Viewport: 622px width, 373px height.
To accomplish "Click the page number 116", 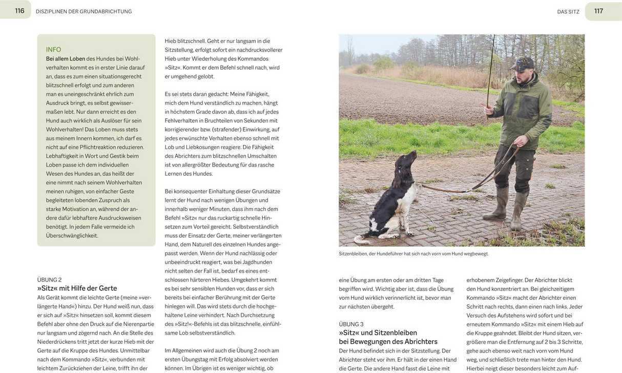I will click(x=19, y=10).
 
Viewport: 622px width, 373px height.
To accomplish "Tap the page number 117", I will click(x=598, y=11).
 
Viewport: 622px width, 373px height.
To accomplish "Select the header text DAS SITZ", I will click(x=568, y=11).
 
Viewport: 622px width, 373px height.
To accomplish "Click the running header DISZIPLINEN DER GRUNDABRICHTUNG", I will click(x=84, y=11).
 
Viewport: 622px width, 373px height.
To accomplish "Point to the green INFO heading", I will click(x=53, y=50).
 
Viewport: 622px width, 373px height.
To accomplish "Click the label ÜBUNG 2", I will click(x=49, y=280).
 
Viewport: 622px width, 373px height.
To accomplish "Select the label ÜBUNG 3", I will click(x=351, y=324).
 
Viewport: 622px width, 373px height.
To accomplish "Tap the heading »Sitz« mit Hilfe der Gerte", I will click(x=77, y=288).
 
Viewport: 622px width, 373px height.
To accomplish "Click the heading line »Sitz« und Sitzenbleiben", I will click(x=378, y=333).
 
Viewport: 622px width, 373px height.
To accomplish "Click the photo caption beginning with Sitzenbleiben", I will click(x=413, y=254).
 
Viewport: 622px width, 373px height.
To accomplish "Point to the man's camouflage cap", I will click(x=522, y=63).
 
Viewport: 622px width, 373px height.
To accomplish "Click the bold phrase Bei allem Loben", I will click(x=66, y=59).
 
